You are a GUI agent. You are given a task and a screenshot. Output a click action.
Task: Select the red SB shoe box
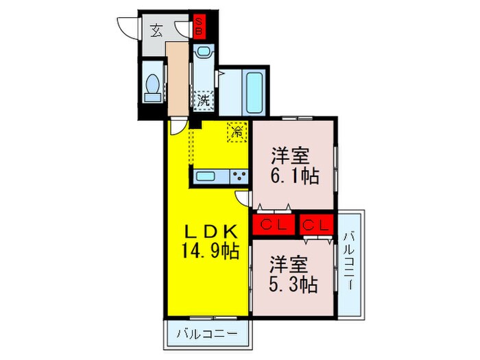(x=198, y=26)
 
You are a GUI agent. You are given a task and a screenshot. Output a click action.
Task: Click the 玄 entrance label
(x=156, y=30)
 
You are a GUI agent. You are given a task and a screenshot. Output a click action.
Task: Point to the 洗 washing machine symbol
(x=204, y=100)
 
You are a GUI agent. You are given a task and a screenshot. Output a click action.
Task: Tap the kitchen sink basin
(x=208, y=176)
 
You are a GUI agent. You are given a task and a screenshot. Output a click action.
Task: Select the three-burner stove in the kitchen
(x=239, y=176)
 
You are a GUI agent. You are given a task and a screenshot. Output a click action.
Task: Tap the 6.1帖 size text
(x=295, y=176)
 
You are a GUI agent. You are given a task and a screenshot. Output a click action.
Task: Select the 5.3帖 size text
(x=293, y=283)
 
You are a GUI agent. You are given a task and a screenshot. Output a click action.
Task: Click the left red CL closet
(x=272, y=224)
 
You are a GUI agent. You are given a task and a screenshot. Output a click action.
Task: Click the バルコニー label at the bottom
(x=207, y=336)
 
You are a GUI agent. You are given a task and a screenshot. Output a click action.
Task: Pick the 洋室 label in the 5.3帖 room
(x=287, y=263)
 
